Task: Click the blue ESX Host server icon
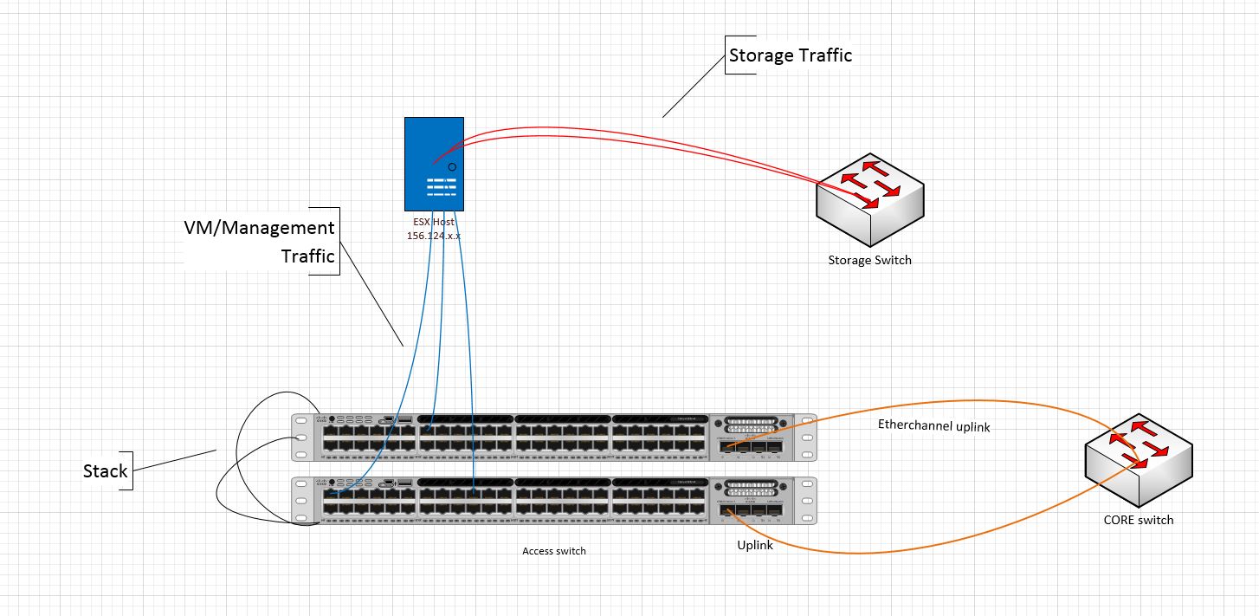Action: click(x=434, y=163)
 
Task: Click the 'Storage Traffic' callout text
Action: click(x=790, y=55)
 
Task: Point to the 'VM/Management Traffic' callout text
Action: click(x=260, y=242)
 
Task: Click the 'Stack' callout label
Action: click(x=105, y=471)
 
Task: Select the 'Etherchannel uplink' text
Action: click(x=933, y=426)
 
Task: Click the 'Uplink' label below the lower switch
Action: click(x=754, y=545)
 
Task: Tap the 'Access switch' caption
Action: click(x=554, y=551)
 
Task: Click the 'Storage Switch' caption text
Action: click(x=869, y=260)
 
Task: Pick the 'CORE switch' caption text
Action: click(x=1139, y=520)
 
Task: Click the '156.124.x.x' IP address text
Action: click(x=434, y=236)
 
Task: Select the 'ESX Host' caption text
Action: click(x=434, y=223)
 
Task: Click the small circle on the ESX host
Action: click(x=451, y=166)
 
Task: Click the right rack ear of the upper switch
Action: click(x=808, y=438)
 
